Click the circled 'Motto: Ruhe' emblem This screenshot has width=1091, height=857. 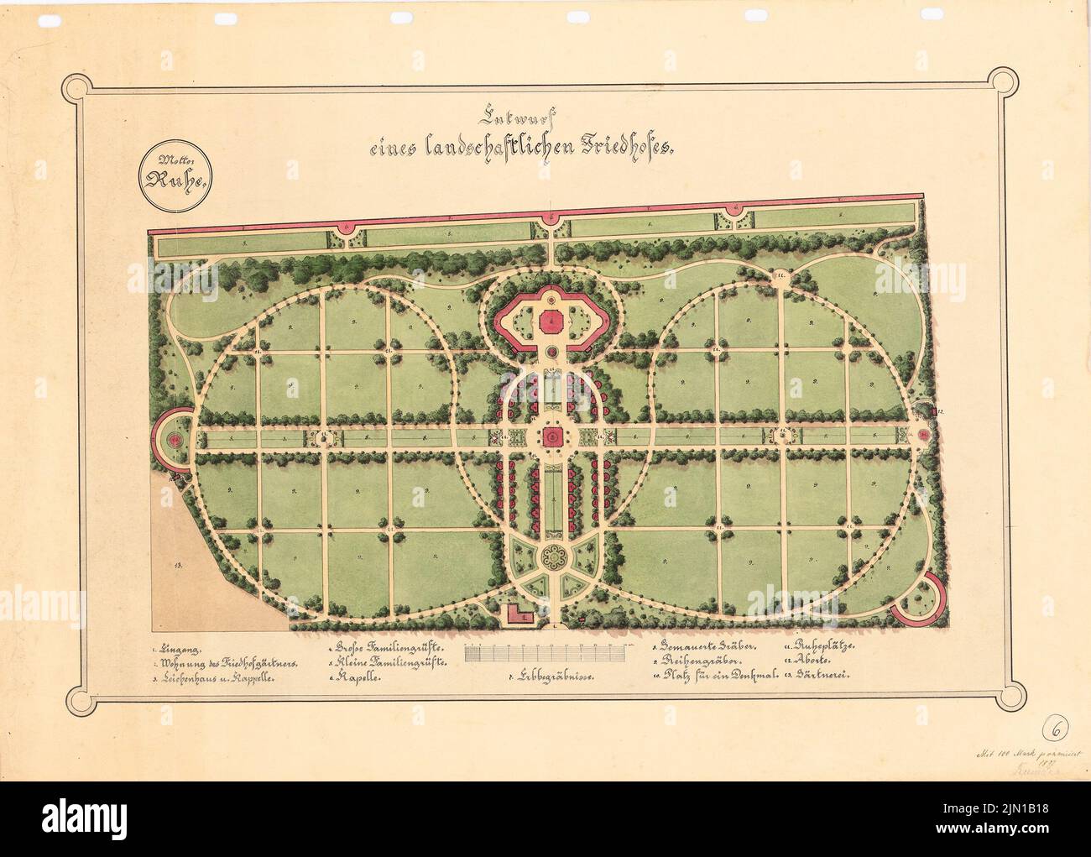tap(174, 175)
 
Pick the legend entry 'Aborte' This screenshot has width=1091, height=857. tap(811, 661)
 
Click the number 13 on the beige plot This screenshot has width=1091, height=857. tap(179, 567)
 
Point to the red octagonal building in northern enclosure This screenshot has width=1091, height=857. tap(551, 320)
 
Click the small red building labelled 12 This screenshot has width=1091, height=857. tap(934, 410)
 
